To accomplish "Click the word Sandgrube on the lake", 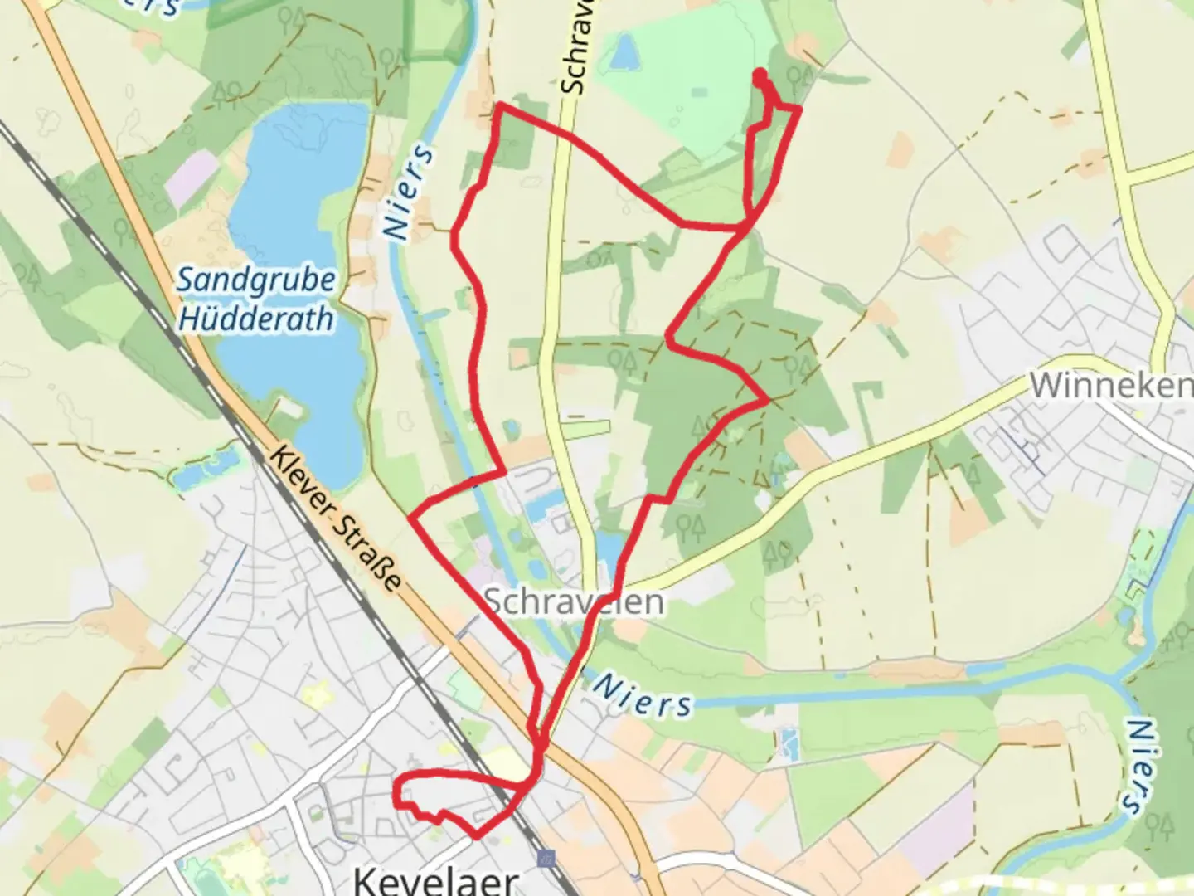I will [x=256, y=280].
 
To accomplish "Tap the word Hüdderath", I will [x=256, y=319].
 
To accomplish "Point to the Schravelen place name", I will [x=574, y=601].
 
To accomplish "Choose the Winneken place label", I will [x=1109, y=384].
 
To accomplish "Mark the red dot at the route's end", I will [x=760, y=76].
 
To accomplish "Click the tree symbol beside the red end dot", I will [x=800, y=79].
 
